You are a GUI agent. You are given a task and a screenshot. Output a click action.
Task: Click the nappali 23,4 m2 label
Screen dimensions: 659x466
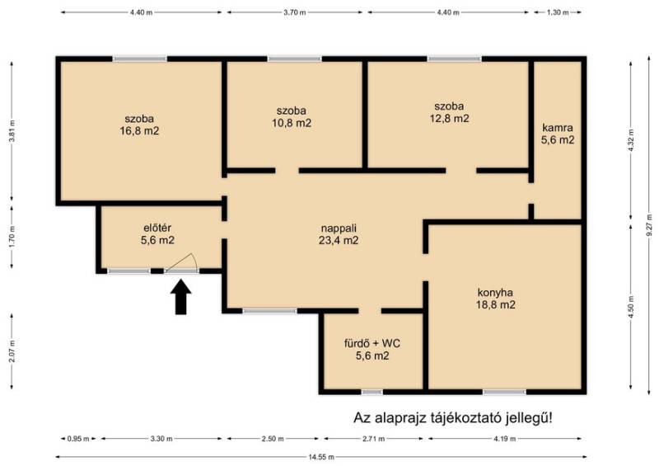click(x=339, y=234)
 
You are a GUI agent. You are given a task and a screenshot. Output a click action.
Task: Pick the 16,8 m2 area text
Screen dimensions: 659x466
click(x=139, y=131)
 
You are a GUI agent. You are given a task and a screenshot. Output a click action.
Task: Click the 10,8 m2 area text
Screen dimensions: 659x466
click(x=292, y=124)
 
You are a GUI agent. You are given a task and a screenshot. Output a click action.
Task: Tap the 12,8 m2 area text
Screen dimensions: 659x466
click(x=449, y=119)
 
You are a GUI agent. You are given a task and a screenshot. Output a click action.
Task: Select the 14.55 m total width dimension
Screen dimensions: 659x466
click(x=321, y=457)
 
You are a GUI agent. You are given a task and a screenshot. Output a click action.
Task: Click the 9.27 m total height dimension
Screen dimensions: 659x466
click(x=651, y=228)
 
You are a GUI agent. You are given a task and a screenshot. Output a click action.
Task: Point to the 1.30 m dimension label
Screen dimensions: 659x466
click(x=558, y=12)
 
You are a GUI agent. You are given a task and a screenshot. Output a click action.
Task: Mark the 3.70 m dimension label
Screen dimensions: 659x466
click(x=294, y=12)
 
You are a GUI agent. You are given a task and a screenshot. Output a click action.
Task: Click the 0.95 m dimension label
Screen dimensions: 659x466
click(x=78, y=439)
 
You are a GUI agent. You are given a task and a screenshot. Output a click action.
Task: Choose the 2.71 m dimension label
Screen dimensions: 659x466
click(x=373, y=439)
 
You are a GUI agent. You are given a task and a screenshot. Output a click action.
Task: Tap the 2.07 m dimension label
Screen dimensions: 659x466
click(x=12, y=351)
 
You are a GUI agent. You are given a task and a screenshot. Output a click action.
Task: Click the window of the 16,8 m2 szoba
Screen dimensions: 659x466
click(x=140, y=59)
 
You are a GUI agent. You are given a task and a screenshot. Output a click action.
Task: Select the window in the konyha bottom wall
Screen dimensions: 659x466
click(x=504, y=392)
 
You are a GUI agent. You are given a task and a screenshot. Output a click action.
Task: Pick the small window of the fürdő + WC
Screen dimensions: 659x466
click(x=372, y=392)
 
